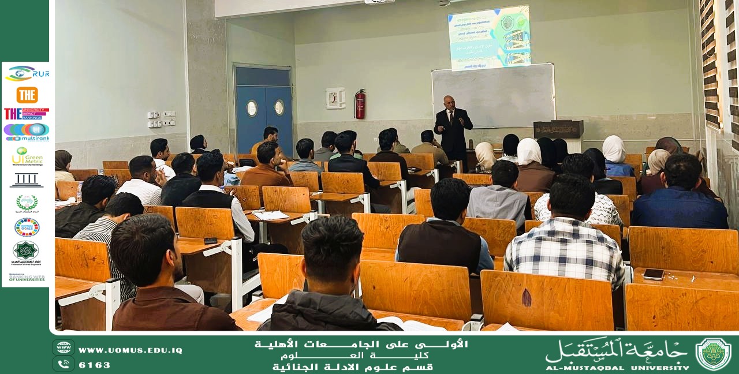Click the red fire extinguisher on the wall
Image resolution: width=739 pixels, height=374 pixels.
click(360, 105)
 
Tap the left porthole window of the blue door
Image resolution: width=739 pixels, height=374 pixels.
click(252, 108)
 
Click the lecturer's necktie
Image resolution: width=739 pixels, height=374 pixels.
click(451, 117)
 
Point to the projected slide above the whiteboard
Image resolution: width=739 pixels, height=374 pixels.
click(489, 38)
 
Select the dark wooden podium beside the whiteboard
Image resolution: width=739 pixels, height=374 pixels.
click(558, 129)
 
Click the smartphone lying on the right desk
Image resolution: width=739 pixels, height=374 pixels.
click(653, 274)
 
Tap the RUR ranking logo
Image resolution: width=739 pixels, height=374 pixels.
click(27, 73)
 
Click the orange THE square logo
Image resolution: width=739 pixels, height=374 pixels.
click(27, 95)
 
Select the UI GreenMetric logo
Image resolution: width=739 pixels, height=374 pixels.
click(27, 156)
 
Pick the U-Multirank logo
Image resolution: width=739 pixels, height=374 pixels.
click(27, 132)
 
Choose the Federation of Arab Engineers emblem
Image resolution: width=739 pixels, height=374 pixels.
click(26, 252)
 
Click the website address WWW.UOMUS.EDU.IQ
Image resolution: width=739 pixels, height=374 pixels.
click(130, 350)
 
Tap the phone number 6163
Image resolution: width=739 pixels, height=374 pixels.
click(95, 365)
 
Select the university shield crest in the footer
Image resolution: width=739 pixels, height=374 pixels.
click(713, 354)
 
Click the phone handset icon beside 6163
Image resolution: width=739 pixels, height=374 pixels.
click(64, 364)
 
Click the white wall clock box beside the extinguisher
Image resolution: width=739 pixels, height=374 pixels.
click(335, 98)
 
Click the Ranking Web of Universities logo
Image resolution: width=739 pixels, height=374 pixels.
click(27, 278)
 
